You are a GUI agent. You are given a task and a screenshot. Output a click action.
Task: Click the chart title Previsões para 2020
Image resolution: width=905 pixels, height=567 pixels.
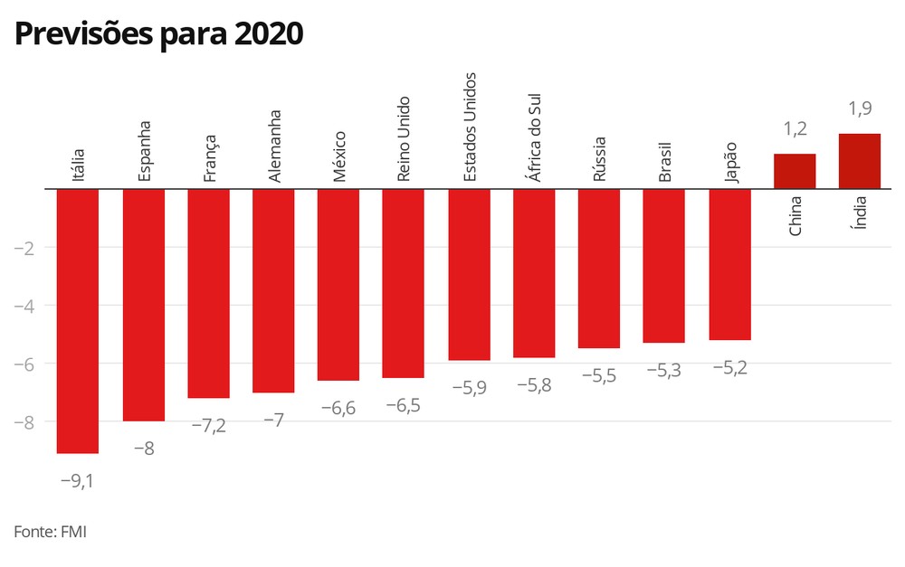coord(158,34)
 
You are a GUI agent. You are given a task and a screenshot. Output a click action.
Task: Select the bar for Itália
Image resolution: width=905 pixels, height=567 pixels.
coord(78,321)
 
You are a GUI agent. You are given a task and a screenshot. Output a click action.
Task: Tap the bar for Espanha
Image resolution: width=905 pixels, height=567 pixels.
coord(144,305)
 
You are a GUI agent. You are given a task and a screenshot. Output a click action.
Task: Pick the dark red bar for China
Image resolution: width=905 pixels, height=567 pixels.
coord(795,171)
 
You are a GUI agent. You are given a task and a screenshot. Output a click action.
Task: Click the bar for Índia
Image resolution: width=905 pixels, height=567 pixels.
coord(860,161)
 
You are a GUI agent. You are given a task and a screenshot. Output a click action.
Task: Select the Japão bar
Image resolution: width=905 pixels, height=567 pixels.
coord(730,265)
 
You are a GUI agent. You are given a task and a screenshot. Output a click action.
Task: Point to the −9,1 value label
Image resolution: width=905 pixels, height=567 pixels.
coord(77,481)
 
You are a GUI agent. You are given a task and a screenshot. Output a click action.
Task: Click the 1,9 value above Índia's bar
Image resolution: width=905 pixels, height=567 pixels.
coord(860,109)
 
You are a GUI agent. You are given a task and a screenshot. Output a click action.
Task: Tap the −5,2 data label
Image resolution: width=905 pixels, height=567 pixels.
coord(730,368)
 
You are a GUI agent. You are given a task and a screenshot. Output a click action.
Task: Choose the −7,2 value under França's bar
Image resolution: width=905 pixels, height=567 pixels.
coord(208,426)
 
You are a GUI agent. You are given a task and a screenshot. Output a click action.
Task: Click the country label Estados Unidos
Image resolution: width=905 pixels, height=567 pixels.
coord(470,127)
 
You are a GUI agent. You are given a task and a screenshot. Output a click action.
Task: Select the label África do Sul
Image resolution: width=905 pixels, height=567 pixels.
coord(535,137)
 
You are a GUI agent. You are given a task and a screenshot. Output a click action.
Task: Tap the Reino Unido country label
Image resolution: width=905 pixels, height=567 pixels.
coord(404,139)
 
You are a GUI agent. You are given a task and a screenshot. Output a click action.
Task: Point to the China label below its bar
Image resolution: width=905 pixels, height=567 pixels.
coord(795,216)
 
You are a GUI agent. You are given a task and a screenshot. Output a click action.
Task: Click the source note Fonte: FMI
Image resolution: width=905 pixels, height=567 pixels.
coord(50,531)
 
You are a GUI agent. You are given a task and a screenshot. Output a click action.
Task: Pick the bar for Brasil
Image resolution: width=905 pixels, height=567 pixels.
coord(663,266)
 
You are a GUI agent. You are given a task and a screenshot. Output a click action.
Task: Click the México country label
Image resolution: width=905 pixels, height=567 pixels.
coord(339,156)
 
